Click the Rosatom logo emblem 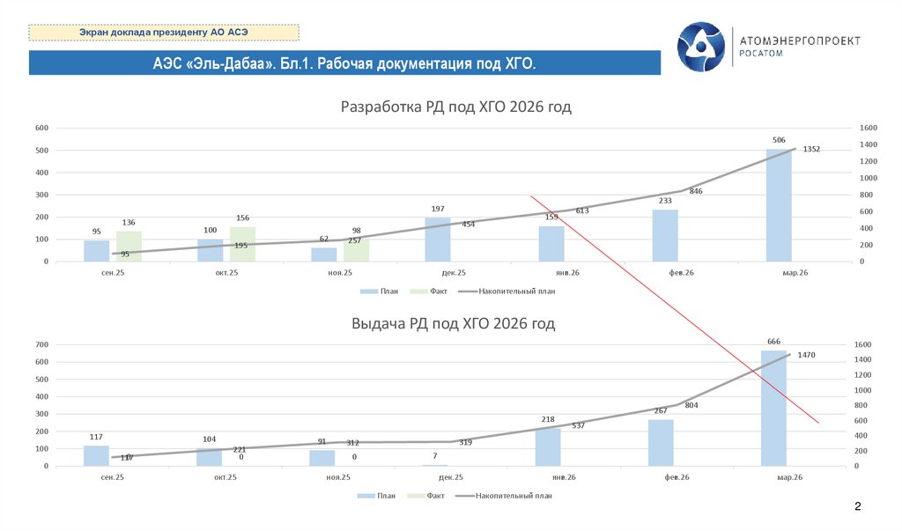coord(703,47)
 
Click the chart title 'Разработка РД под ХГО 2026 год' coord(455,107)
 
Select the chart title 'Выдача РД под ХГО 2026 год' coord(453,324)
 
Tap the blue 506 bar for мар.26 coord(779,205)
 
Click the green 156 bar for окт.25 coord(242,244)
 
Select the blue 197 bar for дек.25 coord(438,240)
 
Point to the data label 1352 coord(811,149)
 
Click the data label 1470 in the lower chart coord(806,355)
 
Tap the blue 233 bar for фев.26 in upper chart coord(665,235)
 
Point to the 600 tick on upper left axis coord(41,128)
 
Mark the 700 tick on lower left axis coord(41,344)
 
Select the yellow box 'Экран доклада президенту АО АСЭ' coord(164,33)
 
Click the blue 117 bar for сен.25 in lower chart coord(96,455)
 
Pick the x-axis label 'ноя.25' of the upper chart coord(339,274)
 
